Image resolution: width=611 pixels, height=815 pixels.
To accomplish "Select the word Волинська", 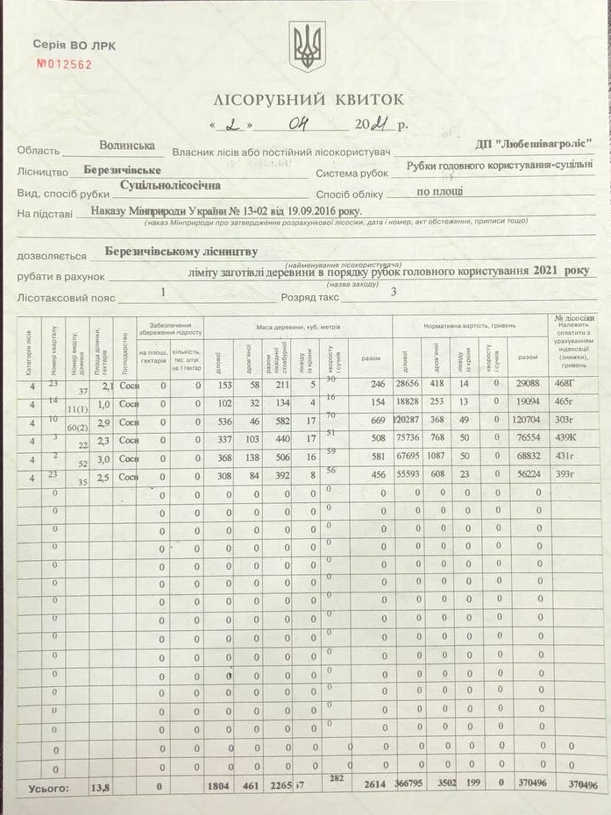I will pos(127,145).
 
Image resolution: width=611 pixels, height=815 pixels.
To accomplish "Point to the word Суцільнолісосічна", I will pos(170,185).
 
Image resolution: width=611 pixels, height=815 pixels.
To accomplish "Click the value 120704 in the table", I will pos(528,421).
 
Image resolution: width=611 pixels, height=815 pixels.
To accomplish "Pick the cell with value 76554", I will pos(528,440).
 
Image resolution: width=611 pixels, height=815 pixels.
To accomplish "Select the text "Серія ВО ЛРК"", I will pos(74,44).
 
